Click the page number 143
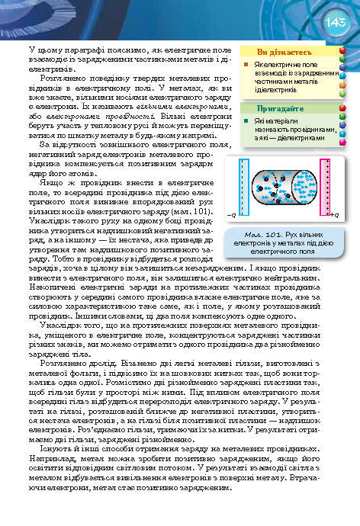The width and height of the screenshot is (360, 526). [337, 24]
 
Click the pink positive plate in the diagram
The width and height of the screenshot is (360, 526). [324, 185]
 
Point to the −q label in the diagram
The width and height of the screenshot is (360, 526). [232, 215]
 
